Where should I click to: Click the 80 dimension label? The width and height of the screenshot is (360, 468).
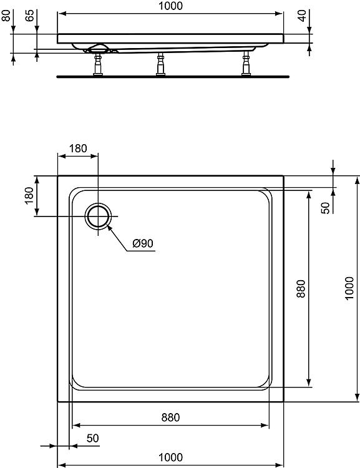point(6,16)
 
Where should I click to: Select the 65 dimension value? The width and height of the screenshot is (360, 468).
point(29,16)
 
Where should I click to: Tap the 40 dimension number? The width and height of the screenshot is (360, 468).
point(302,16)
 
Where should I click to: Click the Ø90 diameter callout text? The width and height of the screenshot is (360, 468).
point(143,243)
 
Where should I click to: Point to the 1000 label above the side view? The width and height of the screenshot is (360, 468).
point(170,6)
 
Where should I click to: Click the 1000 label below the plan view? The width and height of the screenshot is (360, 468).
point(170,457)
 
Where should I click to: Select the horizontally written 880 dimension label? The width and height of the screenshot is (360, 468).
point(170,417)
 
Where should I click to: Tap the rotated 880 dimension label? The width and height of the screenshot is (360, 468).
point(301,289)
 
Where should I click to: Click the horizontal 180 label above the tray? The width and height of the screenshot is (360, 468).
point(78,149)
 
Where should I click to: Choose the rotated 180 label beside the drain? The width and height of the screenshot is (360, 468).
point(29,195)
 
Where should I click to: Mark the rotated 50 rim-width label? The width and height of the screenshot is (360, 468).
point(326,208)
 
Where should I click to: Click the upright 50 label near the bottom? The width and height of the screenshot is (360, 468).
point(92,438)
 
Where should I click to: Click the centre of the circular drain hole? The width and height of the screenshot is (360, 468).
point(98,216)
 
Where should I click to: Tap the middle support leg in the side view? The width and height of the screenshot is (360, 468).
point(160,64)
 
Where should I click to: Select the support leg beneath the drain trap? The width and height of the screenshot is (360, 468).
point(98,64)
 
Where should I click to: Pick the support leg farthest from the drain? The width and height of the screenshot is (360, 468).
point(246,63)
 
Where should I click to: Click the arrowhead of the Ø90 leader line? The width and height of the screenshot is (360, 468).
point(108,227)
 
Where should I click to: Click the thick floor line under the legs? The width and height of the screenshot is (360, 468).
point(173,77)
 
